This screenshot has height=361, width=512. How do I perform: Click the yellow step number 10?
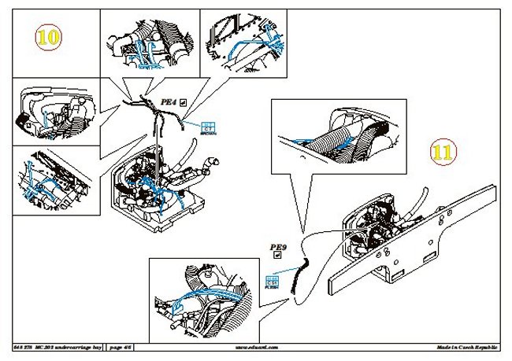[x=49, y=37]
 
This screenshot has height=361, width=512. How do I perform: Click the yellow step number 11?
[x=443, y=152]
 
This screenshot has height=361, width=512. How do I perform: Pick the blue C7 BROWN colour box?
[x=209, y=127]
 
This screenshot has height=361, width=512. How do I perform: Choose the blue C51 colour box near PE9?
[x=273, y=281]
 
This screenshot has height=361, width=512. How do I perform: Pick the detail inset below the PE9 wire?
[x=207, y=293]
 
